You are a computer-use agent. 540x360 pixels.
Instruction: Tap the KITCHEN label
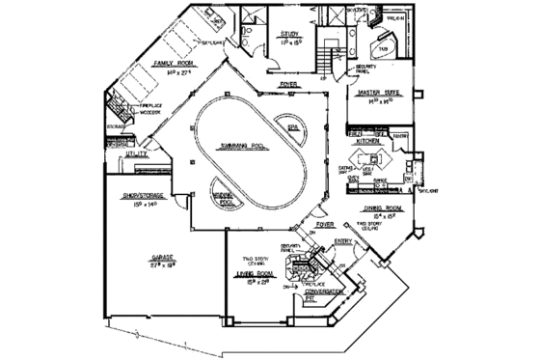[371, 141]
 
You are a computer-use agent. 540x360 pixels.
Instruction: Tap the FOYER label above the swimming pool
[288, 84]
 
